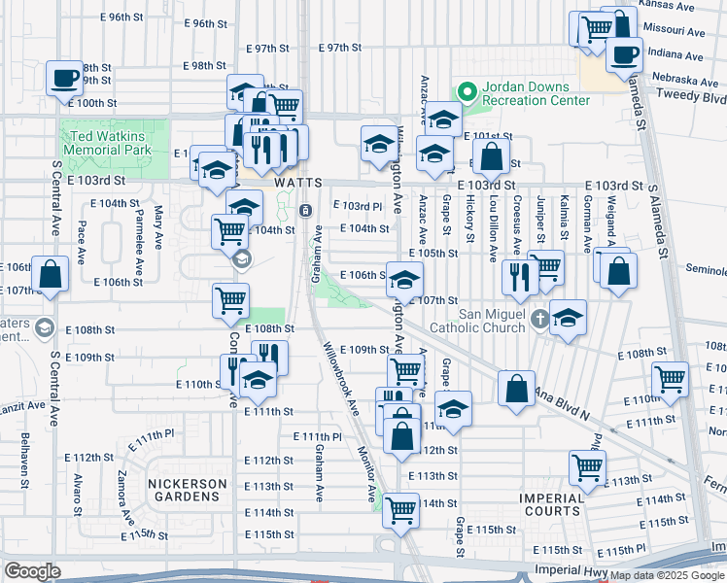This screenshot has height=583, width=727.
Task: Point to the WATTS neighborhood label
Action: tap(297, 182)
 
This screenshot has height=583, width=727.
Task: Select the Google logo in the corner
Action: tap(32, 571)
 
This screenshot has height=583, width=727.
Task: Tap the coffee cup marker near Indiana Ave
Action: tap(624, 55)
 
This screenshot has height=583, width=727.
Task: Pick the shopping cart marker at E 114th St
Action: tap(400, 509)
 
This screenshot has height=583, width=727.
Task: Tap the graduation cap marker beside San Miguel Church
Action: tap(569, 316)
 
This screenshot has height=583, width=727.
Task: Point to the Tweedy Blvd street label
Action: tap(691, 98)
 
